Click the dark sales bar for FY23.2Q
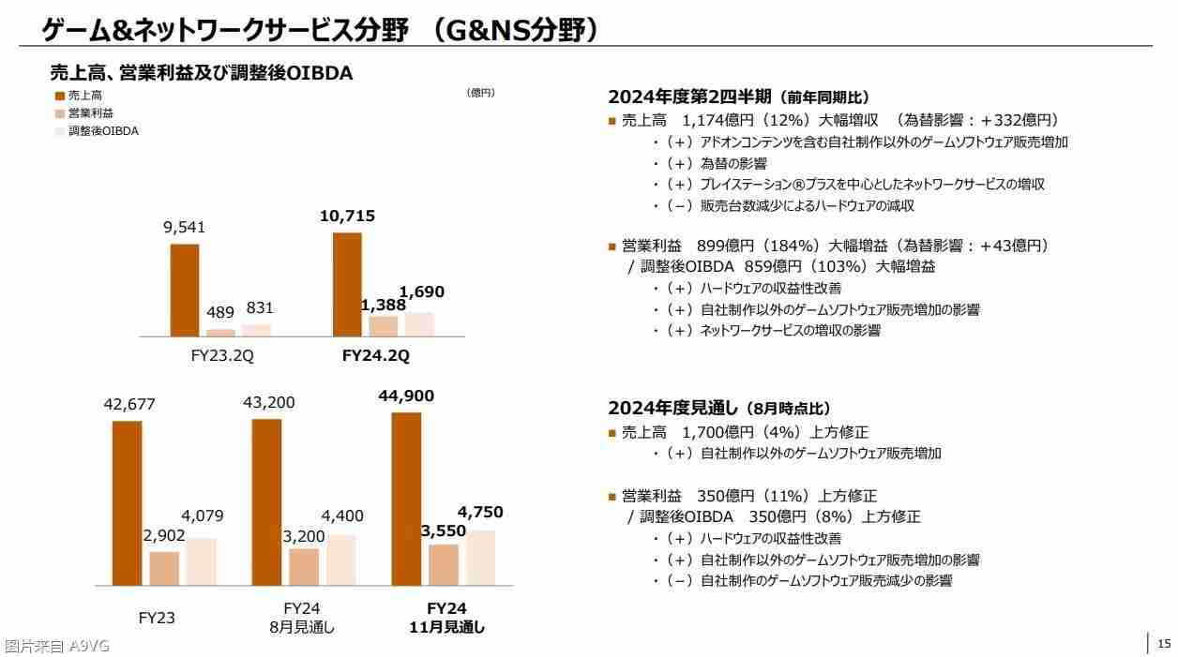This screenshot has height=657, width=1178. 185,290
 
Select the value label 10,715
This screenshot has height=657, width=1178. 347,217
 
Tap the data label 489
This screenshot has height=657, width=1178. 220,313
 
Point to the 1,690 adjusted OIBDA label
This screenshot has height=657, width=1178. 422,292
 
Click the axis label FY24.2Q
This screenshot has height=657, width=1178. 376,356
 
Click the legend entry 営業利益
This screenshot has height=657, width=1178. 91,113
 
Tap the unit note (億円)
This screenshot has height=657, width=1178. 480,93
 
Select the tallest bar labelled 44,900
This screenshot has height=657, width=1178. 406,499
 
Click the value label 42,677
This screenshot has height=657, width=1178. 129,405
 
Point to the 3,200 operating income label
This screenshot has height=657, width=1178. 304,537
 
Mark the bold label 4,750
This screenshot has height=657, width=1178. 480,513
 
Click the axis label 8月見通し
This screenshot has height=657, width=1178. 302,627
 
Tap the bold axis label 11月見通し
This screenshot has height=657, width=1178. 447,627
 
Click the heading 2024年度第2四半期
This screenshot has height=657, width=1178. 690,97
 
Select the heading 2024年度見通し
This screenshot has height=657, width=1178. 673,408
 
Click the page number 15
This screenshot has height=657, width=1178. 1164,643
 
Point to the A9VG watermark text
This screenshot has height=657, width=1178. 57,646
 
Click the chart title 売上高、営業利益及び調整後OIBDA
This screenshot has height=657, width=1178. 201,73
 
